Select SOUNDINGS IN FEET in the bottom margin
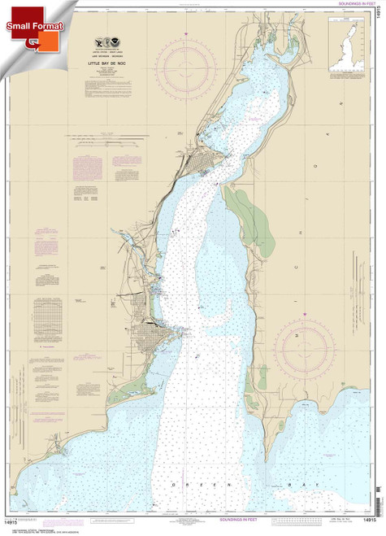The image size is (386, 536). (x=204, y=529)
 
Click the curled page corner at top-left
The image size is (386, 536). (x=7, y=7)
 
